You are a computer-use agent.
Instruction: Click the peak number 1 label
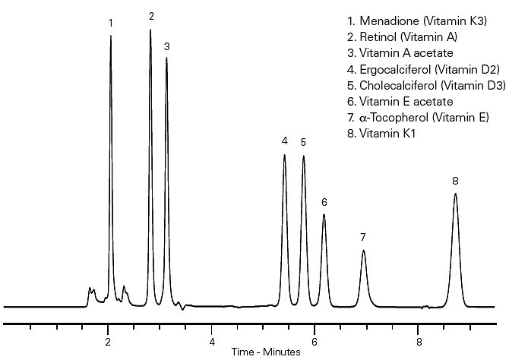111,24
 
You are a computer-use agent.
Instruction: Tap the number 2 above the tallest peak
151,16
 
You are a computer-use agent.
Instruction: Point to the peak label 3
166,46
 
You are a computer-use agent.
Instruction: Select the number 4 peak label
284,141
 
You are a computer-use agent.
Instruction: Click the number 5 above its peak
303,142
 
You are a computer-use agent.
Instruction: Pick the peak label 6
324,202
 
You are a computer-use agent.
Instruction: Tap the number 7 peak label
363,238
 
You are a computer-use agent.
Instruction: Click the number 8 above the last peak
455,181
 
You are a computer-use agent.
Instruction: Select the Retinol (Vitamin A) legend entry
403,37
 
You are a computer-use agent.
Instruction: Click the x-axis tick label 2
108,341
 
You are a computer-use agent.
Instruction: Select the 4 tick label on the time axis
212,341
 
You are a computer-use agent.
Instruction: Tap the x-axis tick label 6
316,341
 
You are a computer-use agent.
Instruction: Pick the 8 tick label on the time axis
419,341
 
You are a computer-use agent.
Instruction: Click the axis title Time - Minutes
266,352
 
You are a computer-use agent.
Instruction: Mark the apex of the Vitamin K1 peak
455,194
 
